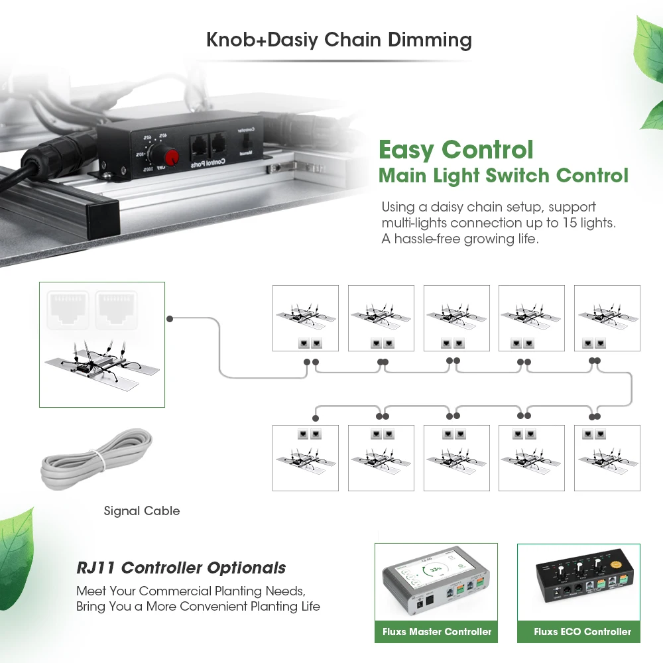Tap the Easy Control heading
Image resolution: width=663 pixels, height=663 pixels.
pos(455,149)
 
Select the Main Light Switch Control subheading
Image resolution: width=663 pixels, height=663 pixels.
pos(503,176)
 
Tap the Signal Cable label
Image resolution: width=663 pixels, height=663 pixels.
pos(142,511)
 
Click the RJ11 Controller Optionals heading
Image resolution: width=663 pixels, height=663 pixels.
pos(181,568)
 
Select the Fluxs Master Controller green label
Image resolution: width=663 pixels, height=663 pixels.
pos(437,632)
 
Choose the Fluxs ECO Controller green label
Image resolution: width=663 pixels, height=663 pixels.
pos(583,632)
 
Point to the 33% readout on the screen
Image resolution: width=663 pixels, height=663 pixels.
pos(434,570)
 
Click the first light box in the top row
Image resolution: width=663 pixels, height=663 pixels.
pos(306,318)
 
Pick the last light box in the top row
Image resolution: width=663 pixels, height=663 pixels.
pos(607,318)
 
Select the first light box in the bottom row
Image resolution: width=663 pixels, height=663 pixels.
pos(306,458)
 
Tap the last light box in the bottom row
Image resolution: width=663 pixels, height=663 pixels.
pos(607,458)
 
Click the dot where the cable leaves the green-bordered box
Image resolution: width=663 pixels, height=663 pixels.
pos(170,319)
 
